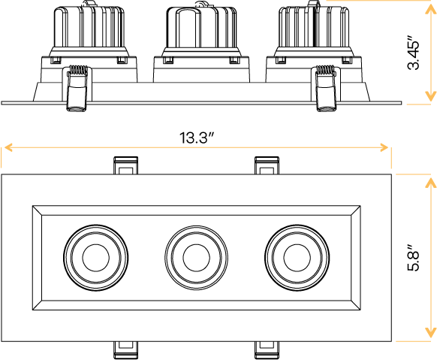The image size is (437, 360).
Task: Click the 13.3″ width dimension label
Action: coord(197,138)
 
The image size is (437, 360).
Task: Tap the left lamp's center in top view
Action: coord(95,256)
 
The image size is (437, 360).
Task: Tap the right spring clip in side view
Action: coord(324,88)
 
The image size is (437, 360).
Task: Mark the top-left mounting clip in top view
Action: coord(125,165)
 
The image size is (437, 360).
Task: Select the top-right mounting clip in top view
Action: coord(267,165)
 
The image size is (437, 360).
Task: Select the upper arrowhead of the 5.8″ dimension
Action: coord(430,183)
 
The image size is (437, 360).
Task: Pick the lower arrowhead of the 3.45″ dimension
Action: coord(430,96)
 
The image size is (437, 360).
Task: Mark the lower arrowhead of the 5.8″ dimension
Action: coord(430,334)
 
